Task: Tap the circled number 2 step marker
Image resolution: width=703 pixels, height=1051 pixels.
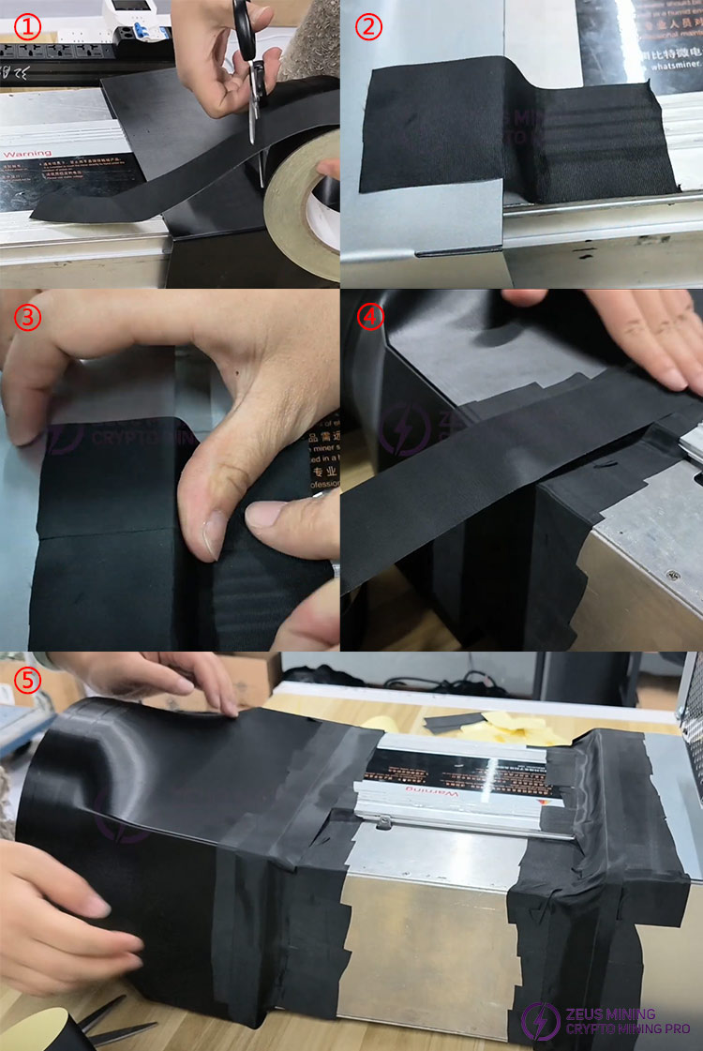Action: click(x=369, y=25)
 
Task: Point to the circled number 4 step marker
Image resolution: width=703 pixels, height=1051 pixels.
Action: click(x=371, y=316)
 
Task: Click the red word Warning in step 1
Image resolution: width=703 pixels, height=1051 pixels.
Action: click(x=27, y=153)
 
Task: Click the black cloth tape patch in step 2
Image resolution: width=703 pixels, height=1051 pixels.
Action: click(x=506, y=127)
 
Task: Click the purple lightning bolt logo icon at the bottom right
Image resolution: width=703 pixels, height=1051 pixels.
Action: click(x=540, y=1021)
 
